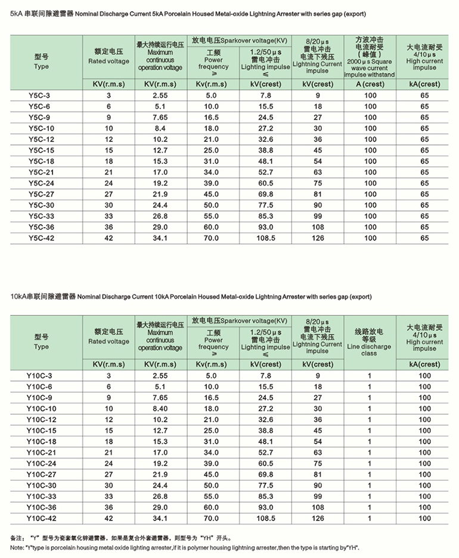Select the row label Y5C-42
(41, 238)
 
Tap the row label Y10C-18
(41, 442)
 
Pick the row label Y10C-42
(41, 519)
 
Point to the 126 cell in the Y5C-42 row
(318, 238)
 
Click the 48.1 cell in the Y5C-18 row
(266, 162)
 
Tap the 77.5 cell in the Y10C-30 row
(266, 485)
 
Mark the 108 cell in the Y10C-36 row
(318, 507)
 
